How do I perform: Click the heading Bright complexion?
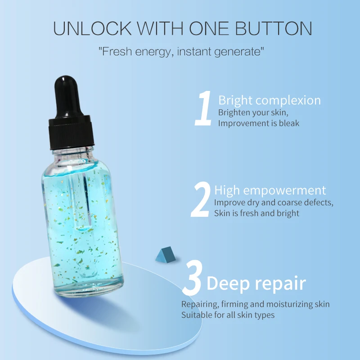click(x=269, y=100)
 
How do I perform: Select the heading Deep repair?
click(x=256, y=283)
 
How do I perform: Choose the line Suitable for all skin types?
click(x=228, y=315)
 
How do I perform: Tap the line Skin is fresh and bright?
click(x=256, y=213)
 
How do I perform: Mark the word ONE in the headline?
click(x=213, y=28)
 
